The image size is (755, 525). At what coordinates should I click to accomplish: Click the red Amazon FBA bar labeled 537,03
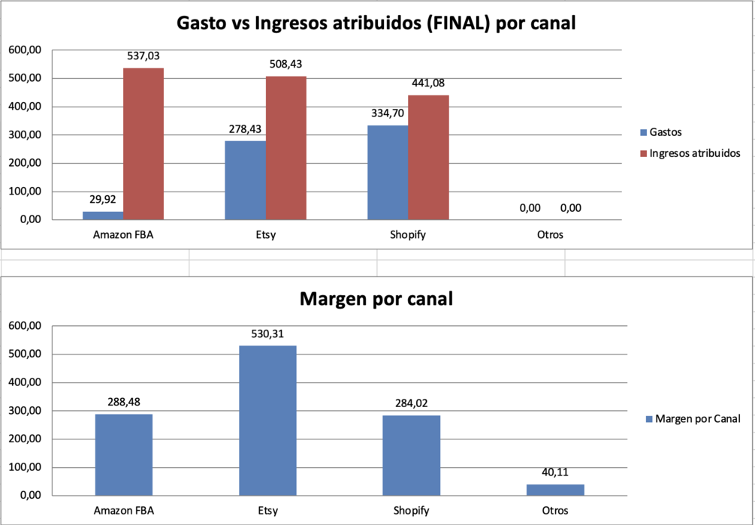click(x=143, y=143)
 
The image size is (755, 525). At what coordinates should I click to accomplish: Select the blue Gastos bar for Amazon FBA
click(x=103, y=216)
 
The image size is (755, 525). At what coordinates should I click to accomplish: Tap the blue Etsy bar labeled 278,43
click(x=245, y=180)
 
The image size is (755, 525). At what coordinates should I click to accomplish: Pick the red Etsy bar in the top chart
click(x=285, y=148)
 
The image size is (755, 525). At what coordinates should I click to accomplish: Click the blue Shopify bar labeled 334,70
click(x=388, y=172)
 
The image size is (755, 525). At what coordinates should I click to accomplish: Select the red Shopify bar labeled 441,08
click(x=428, y=157)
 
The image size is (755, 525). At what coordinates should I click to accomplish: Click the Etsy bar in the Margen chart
click(x=267, y=421)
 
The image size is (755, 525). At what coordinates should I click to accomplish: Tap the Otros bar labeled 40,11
click(x=554, y=490)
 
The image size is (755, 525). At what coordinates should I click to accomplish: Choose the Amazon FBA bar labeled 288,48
click(x=124, y=454)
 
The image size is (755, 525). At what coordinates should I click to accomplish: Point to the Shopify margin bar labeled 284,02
click(x=411, y=455)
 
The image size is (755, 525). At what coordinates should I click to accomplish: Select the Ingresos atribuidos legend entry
click(x=690, y=153)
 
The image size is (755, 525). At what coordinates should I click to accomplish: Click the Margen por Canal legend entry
click(x=692, y=418)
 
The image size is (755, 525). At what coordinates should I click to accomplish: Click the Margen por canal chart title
click(x=376, y=299)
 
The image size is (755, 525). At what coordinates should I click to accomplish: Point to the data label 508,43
click(x=285, y=64)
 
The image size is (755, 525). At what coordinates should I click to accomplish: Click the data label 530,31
click(x=267, y=333)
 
